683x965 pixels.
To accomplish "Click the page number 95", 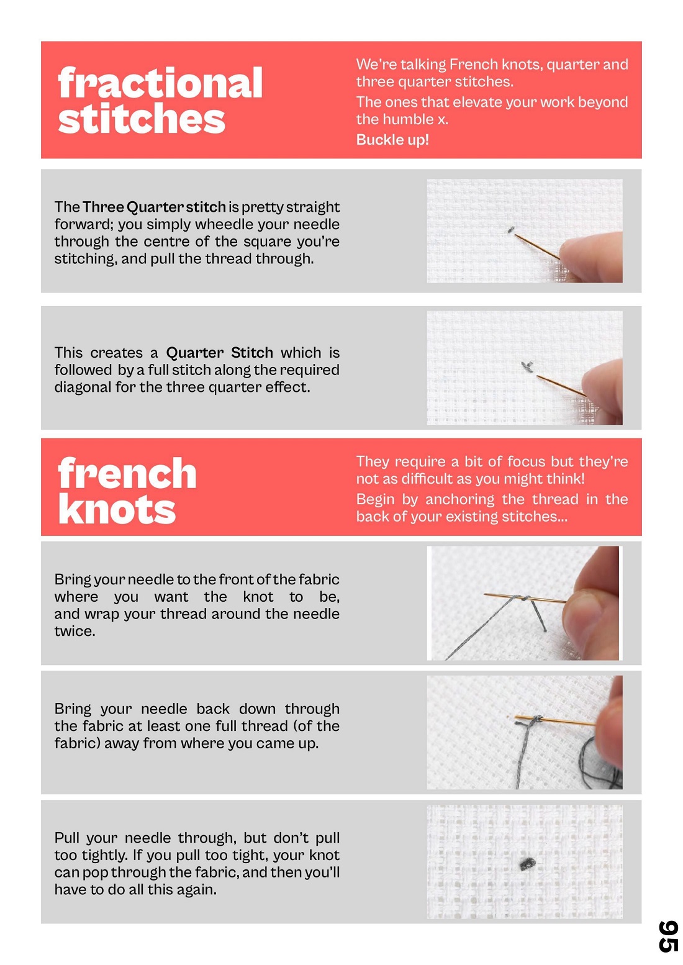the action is tap(668, 936).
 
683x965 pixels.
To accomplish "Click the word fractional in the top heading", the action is tap(160, 83).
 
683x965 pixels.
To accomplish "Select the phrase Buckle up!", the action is tap(392, 140).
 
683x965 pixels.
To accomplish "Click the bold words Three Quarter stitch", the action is tap(154, 207).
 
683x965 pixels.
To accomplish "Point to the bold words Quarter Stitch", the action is tap(220, 352).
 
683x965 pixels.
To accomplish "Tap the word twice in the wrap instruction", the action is tap(75, 631).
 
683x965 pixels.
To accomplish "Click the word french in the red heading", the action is tap(127, 473).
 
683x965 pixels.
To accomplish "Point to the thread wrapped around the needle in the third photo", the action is tap(520, 598).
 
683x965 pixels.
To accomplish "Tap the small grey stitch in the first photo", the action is tap(511, 230).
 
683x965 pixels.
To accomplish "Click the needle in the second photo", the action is tap(561, 385).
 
